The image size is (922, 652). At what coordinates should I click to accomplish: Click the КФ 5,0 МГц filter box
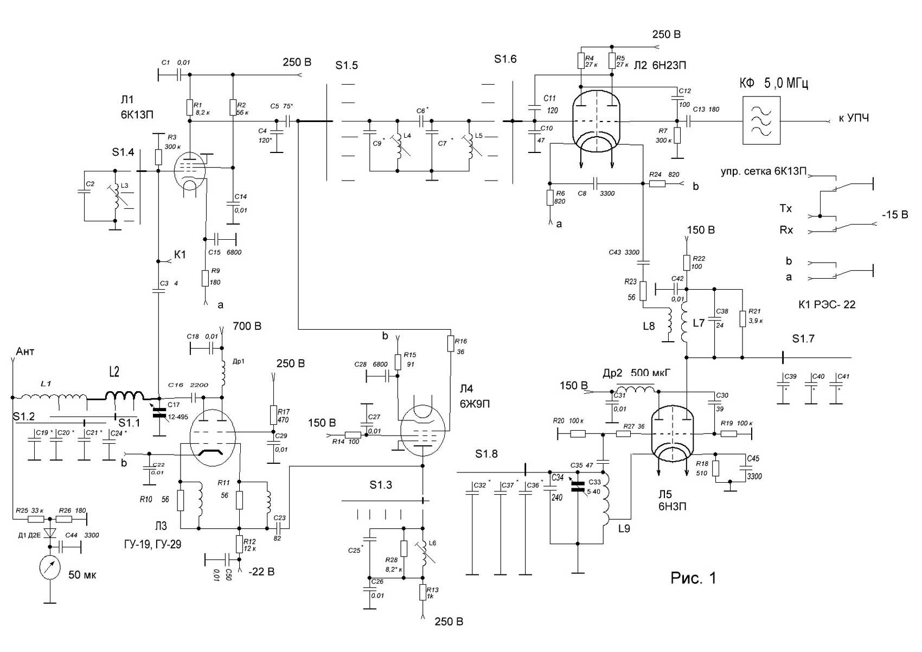761,120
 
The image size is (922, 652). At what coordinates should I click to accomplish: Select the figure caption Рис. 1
693,578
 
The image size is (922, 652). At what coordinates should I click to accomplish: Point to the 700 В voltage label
247,326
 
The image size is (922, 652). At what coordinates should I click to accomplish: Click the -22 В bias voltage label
261,572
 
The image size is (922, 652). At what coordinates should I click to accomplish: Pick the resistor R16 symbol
450,344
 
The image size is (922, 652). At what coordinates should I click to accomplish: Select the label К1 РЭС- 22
827,304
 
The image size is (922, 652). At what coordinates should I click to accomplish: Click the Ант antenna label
25,351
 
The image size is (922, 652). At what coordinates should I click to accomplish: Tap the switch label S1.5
347,66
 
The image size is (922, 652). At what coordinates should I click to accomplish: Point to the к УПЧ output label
854,118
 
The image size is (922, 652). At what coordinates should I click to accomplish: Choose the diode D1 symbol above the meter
50,534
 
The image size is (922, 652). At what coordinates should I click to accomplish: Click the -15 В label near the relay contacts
894,215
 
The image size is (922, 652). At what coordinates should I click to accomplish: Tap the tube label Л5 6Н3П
664,500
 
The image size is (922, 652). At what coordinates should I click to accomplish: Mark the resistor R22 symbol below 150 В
687,263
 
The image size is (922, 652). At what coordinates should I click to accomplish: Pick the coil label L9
624,527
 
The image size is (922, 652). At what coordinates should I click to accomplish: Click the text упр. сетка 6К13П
764,172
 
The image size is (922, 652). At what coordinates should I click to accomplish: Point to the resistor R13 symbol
423,592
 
